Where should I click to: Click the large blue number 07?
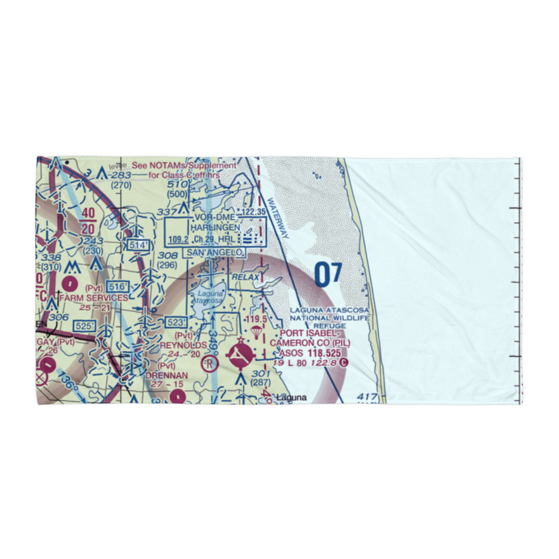pyautogui.click(x=328, y=274)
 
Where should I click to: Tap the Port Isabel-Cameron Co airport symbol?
pyautogui.click(x=240, y=353)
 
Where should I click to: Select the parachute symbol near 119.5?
pyautogui.click(x=255, y=332)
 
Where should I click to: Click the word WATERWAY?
pyautogui.click(x=278, y=219)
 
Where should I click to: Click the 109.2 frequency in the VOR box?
pyautogui.click(x=177, y=239)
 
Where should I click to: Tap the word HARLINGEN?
pyautogui.click(x=215, y=228)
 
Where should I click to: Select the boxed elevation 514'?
pyautogui.click(x=138, y=245)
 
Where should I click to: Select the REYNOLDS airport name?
pyautogui.click(x=183, y=345)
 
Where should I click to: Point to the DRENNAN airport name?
pyautogui.click(x=165, y=377)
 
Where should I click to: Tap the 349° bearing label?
pyautogui.click(x=214, y=347)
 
